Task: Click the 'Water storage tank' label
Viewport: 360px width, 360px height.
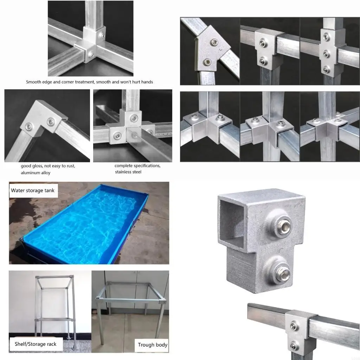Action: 33,190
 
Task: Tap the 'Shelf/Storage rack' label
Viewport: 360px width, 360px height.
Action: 36,344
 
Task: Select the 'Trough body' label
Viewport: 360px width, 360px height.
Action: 153,345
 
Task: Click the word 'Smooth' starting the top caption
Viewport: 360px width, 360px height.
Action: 33,82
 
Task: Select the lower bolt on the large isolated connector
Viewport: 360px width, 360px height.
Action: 283,273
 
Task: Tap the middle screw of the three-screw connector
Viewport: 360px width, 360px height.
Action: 326,54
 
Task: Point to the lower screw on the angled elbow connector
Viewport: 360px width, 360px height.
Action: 207,62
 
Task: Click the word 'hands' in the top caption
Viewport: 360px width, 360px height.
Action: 147,82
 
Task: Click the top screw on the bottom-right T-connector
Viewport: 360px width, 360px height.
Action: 293,326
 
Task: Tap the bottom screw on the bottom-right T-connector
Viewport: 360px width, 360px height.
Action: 294,346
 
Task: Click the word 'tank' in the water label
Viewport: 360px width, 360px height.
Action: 50,190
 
